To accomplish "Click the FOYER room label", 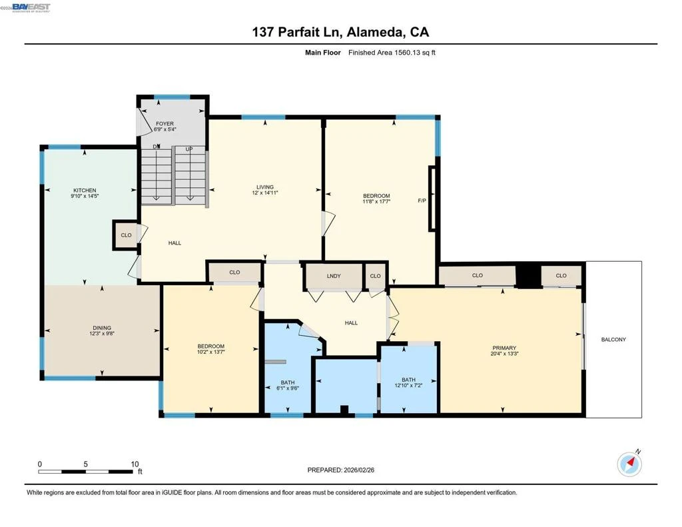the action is point(165,124).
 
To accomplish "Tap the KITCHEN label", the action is point(85,190).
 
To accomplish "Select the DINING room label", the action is point(102,328).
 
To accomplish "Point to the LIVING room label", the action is point(265,187).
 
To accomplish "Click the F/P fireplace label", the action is point(422,201).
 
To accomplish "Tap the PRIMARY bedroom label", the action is point(504,348).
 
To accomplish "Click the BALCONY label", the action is point(613,339).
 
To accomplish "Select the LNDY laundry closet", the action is point(334,276).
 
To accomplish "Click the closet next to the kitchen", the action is point(126,235).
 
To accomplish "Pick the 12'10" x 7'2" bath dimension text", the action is point(408,385).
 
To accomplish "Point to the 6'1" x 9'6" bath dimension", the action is point(288,388).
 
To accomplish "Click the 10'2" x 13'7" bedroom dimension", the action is point(211,352).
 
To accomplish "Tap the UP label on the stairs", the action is point(188,149).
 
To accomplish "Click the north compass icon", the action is point(629,464).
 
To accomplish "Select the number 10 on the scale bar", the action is point(135,464).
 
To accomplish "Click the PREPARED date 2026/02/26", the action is point(359,470).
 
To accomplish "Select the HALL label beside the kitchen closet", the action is point(174,243).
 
